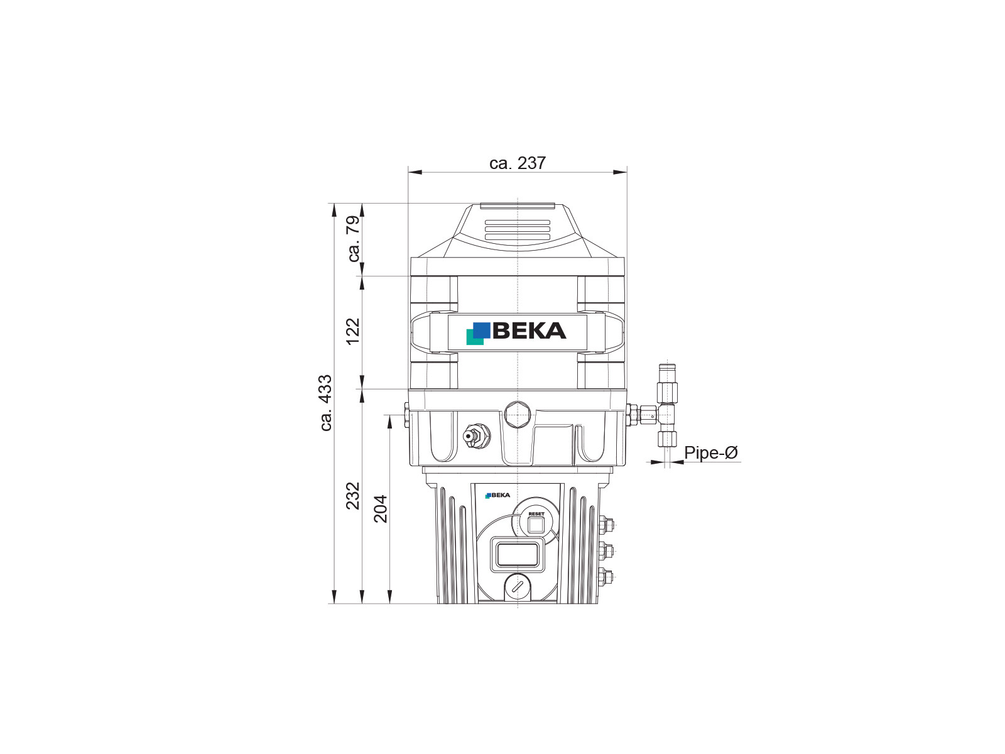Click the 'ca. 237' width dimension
click(x=518, y=163)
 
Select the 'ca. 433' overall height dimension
click(x=325, y=402)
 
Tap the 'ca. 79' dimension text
click(x=354, y=239)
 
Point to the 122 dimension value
click(x=353, y=332)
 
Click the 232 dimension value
click(x=353, y=496)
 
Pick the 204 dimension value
click(x=381, y=508)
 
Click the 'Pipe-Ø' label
click(x=710, y=453)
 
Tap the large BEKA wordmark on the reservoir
click(x=529, y=331)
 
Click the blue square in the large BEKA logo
click(x=481, y=330)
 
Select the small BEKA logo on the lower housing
click(x=497, y=495)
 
